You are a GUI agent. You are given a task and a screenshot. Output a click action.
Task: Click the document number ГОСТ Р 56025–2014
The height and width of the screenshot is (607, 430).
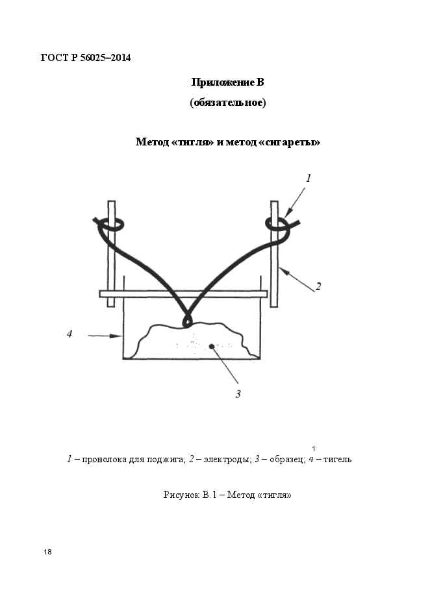[x=86, y=58]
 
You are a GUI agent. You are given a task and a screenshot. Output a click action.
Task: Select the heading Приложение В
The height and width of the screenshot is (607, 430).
[x=228, y=82]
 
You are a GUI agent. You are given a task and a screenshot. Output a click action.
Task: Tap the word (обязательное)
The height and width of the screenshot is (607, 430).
[x=228, y=103]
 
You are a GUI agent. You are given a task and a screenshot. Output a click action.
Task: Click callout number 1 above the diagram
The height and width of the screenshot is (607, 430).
[x=309, y=178]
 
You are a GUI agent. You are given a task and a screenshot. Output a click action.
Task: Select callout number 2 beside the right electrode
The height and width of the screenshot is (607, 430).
[x=318, y=286]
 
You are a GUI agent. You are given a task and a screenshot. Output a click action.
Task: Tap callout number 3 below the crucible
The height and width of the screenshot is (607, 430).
[x=238, y=394]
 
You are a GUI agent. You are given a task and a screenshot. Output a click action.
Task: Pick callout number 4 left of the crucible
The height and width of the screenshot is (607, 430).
[x=70, y=334]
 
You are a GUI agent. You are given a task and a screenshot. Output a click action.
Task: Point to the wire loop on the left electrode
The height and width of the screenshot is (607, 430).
[x=113, y=224]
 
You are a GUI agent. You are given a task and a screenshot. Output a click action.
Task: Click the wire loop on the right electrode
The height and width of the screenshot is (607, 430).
[x=277, y=224]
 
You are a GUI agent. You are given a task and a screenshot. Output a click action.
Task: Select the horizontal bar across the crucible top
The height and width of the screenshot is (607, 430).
[x=183, y=294]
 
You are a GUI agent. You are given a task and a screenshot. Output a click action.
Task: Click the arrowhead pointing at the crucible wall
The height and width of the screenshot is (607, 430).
[x=116, y=336]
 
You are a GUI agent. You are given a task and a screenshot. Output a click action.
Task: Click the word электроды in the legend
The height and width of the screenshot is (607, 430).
[x=226, y=460]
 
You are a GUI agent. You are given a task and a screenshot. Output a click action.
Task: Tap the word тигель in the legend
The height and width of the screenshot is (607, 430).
[x=337, y=460]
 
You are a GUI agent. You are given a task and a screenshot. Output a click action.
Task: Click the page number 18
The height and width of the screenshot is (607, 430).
[x=47, y=552]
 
